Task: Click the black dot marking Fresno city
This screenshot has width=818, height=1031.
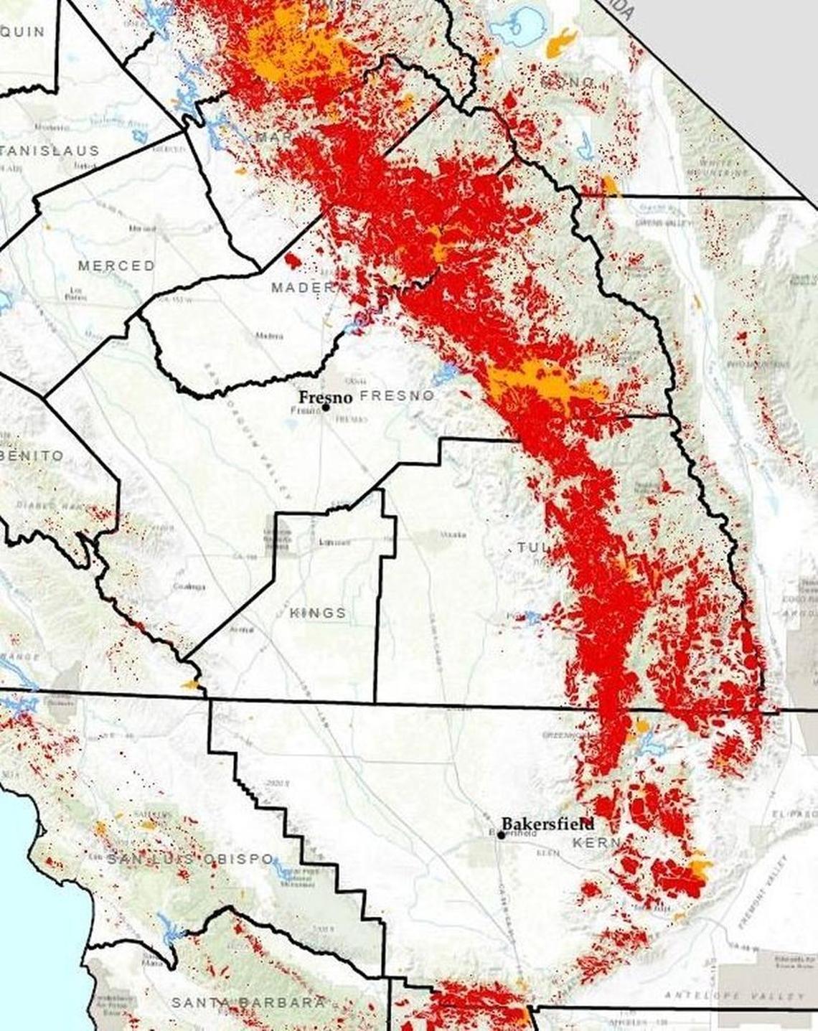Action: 325,407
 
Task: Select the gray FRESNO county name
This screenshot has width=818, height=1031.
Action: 397,396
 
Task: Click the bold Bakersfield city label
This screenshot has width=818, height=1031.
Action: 547,823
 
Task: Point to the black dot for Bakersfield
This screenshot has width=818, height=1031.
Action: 501,835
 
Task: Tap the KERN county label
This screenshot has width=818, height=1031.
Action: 595,842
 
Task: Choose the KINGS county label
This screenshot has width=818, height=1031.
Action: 318,613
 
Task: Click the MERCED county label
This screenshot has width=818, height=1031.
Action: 116,265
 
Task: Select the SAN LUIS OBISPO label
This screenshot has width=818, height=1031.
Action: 190,859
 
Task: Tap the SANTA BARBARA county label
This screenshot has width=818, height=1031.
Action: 248,1002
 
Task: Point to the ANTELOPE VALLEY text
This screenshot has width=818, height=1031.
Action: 735,996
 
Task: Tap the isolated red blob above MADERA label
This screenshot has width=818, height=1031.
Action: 293,258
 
